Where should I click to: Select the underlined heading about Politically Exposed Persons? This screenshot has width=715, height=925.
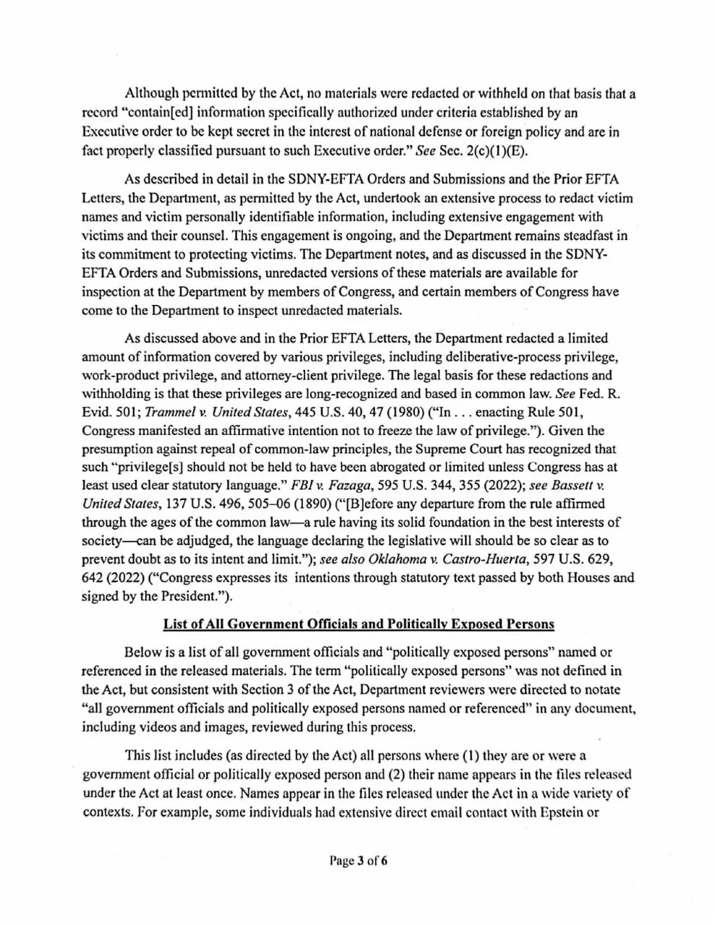(x=359, y=624)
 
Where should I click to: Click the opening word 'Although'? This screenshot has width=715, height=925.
(x=150, y=94)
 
